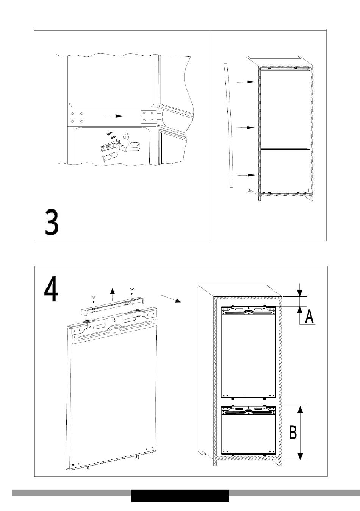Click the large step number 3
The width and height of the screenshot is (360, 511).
pyautogui.click(x=52, y=223)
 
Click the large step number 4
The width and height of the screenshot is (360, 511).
pyautogui.click(x=51, y=289)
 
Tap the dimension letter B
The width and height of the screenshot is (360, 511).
pyautogui.click(x=293, y=432)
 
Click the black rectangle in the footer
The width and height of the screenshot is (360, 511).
pyautogui.click(x=180, y=496)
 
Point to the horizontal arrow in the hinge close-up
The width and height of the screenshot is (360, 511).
pyautogui.click(x=114, y=116)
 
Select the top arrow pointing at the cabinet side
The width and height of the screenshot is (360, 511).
pyautogui.click(x=246, y=82)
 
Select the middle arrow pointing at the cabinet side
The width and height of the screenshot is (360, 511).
pyautogui.click(x=245, y=127)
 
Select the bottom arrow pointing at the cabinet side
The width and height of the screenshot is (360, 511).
pyautogui.click(x=246, y=175)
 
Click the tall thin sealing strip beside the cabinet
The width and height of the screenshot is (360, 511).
pyautogui.click(x=229, y=125)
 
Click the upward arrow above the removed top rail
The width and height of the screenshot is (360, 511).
pyautogui.click(x=112, y=295)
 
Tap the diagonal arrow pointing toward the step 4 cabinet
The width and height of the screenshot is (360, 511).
pyautogui.click(x=170, y=299)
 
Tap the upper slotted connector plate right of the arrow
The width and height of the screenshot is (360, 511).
pyautogui.click(x=152, y=113)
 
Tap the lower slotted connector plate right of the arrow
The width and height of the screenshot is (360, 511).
pyautogui.click(x=152, y=120)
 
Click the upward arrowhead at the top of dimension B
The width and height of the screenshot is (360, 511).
pyautogui.click(x=301, y=410)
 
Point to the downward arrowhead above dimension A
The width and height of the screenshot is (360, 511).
pyautogui.click(x=300, y=293)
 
